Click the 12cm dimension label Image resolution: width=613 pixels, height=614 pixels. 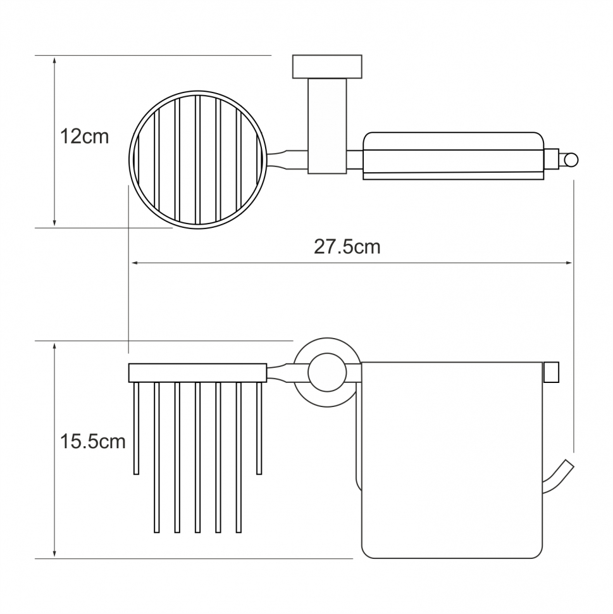point(84,137)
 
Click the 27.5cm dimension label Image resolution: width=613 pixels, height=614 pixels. point(347,247)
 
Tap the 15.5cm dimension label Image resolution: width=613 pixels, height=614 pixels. point(92,442)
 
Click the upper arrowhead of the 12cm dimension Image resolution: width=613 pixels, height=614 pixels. point(54,61)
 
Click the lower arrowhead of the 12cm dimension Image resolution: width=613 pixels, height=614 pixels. point(54,222)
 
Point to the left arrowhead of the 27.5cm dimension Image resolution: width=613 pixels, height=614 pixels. point(135,263)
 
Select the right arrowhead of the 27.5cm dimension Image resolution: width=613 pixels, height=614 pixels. point(569,263)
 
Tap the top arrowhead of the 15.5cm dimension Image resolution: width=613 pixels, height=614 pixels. point(54,346)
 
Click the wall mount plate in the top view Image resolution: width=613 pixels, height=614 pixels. point(327,66)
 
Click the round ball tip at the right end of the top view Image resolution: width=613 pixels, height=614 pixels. point(571,160)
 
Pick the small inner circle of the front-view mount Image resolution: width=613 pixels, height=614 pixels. point(327,372)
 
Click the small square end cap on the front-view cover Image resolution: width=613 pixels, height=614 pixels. point(551,372)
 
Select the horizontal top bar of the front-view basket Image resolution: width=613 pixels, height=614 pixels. point(197,373)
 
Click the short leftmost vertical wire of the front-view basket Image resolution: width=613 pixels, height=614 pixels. point(136,429)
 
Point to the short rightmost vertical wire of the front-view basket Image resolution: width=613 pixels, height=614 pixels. point(259,429)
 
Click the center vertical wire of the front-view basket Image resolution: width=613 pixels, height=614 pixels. point(197,458)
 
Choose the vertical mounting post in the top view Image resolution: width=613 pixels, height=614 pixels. point(327,126)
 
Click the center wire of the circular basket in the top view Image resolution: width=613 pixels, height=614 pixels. point(197,160)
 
